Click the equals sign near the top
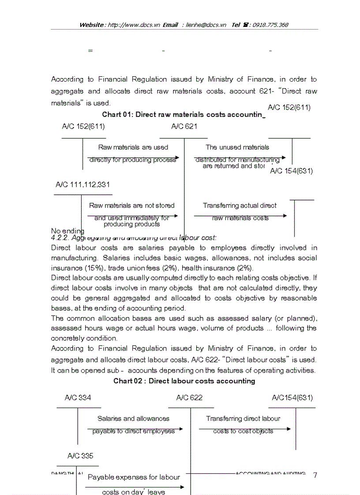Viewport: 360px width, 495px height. click(x=90, y=51)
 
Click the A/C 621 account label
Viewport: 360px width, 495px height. click(x=184, y=127)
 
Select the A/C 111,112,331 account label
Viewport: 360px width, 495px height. click(x=82, y=185)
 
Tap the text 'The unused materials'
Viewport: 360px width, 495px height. click(x=237, y=147)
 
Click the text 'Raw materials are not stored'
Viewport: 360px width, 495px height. click(x=131, y=205)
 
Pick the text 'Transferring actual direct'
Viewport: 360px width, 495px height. click(x=240, y=205)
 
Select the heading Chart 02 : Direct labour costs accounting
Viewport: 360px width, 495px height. click(x=184, y=381)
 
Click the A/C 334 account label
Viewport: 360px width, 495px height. click(x=78, y=398)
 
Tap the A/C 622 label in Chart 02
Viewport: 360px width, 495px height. click(x=189, y=398)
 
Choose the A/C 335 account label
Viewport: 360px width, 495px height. click(x=80, y=456)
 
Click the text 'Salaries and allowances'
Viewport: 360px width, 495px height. click(x=133, y=419)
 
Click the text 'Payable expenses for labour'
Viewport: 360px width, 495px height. click(x=134, y=477)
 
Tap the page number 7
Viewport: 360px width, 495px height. click(x=315, y=475)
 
